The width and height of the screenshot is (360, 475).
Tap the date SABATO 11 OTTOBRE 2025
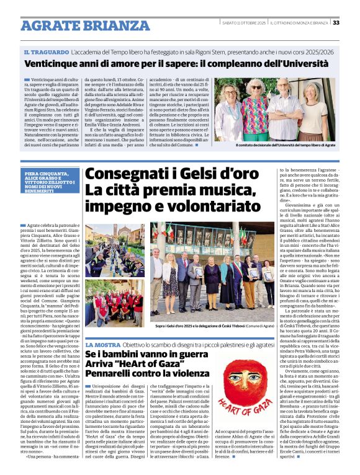point(244,23)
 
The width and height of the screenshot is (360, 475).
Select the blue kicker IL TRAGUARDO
point(46,53)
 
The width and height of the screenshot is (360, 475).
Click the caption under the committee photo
point(285,145)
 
